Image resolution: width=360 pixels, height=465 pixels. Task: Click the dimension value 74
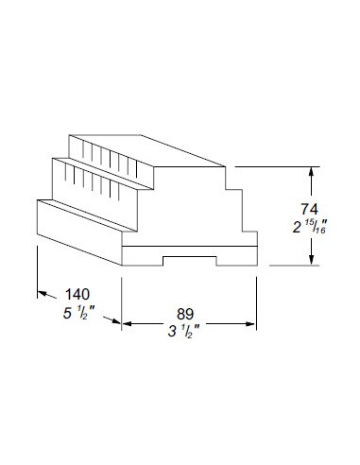(309, 209)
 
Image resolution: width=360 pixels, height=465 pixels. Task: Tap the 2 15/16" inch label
(309, 227)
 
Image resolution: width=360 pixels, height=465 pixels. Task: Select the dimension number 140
(77, 294)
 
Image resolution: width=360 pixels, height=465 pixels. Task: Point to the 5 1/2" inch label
(78, 313)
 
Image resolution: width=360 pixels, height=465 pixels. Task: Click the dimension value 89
(185, 314)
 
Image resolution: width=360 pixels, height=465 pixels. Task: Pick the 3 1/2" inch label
(184, 332)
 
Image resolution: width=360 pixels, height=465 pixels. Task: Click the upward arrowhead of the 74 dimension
(311, 172)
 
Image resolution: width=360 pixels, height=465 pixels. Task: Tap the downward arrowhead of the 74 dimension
(311, 260)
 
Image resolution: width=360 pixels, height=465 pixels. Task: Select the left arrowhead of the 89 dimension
(127, 323)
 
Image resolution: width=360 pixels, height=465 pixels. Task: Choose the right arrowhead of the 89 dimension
(250, 323)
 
